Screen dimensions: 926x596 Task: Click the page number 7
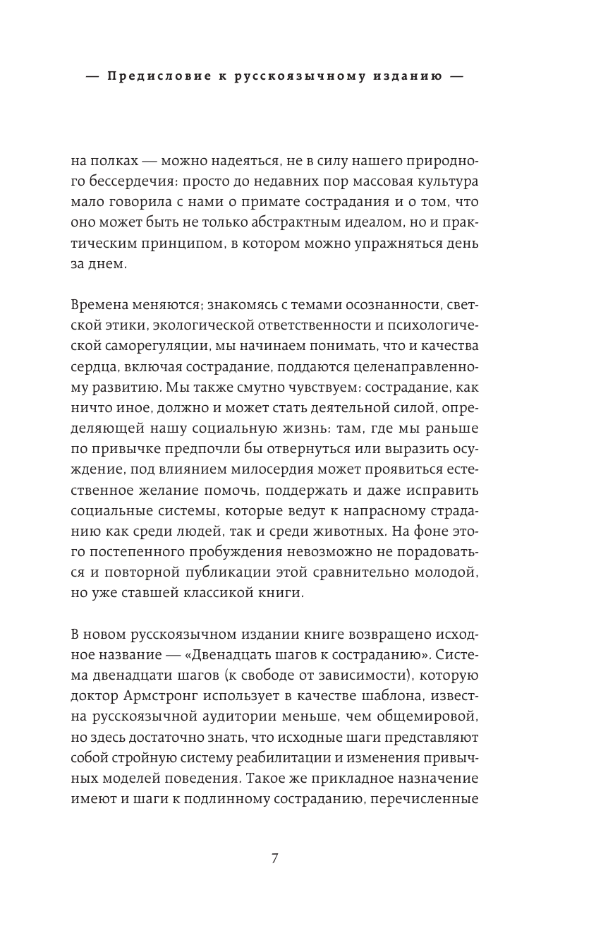(x=275, y=859)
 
